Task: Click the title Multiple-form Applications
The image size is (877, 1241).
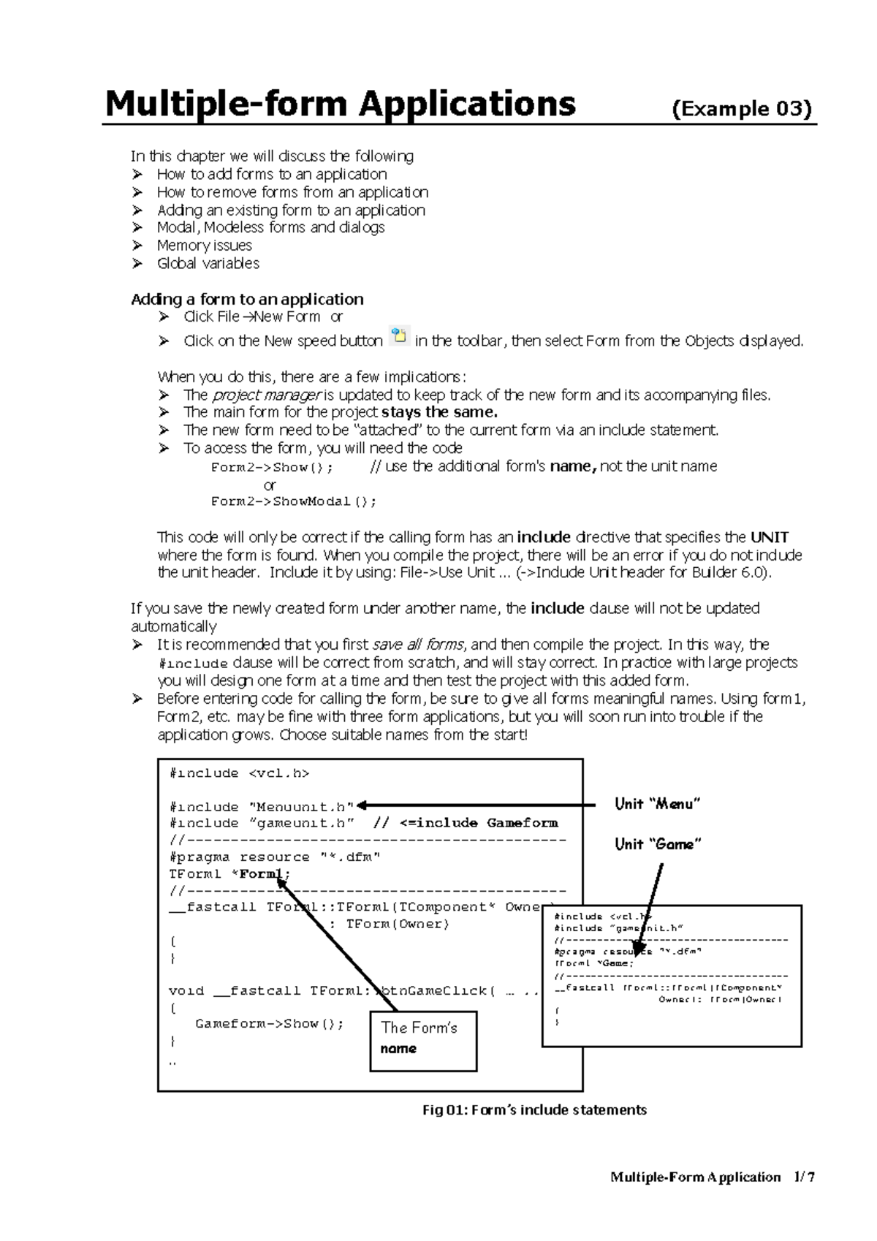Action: [340, 105]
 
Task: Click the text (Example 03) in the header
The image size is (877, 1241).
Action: [741, 109]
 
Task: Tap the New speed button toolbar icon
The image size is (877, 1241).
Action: [399, 337]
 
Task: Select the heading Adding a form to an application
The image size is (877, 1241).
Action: [247, 299]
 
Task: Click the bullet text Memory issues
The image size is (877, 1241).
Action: [204, 246]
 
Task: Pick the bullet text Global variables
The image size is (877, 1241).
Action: [208, 263]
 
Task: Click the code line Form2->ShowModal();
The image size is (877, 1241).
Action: [294, 501]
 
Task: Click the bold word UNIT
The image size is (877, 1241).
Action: [770, 537]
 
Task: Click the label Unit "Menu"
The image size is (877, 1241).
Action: [657, 804]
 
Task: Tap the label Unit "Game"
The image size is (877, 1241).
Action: [658, 844]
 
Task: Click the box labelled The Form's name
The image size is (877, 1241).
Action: [422, 1040]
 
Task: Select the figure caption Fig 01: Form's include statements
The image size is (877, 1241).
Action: [534, 1110]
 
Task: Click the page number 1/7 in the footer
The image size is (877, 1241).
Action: [803, 1177]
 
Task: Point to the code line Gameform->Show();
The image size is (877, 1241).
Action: [269, 1024]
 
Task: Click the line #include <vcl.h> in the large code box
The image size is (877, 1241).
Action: [239, 773]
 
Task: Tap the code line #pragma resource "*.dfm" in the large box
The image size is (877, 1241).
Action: [274, 857]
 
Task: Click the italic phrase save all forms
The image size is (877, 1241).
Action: [418, 645]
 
